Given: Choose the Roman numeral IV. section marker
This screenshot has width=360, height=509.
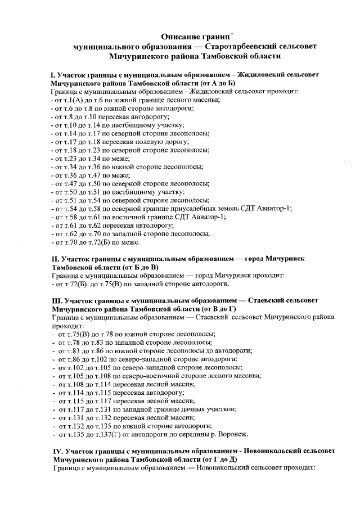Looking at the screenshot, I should click(56, 451).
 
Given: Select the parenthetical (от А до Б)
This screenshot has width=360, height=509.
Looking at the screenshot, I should click(215, 83).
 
